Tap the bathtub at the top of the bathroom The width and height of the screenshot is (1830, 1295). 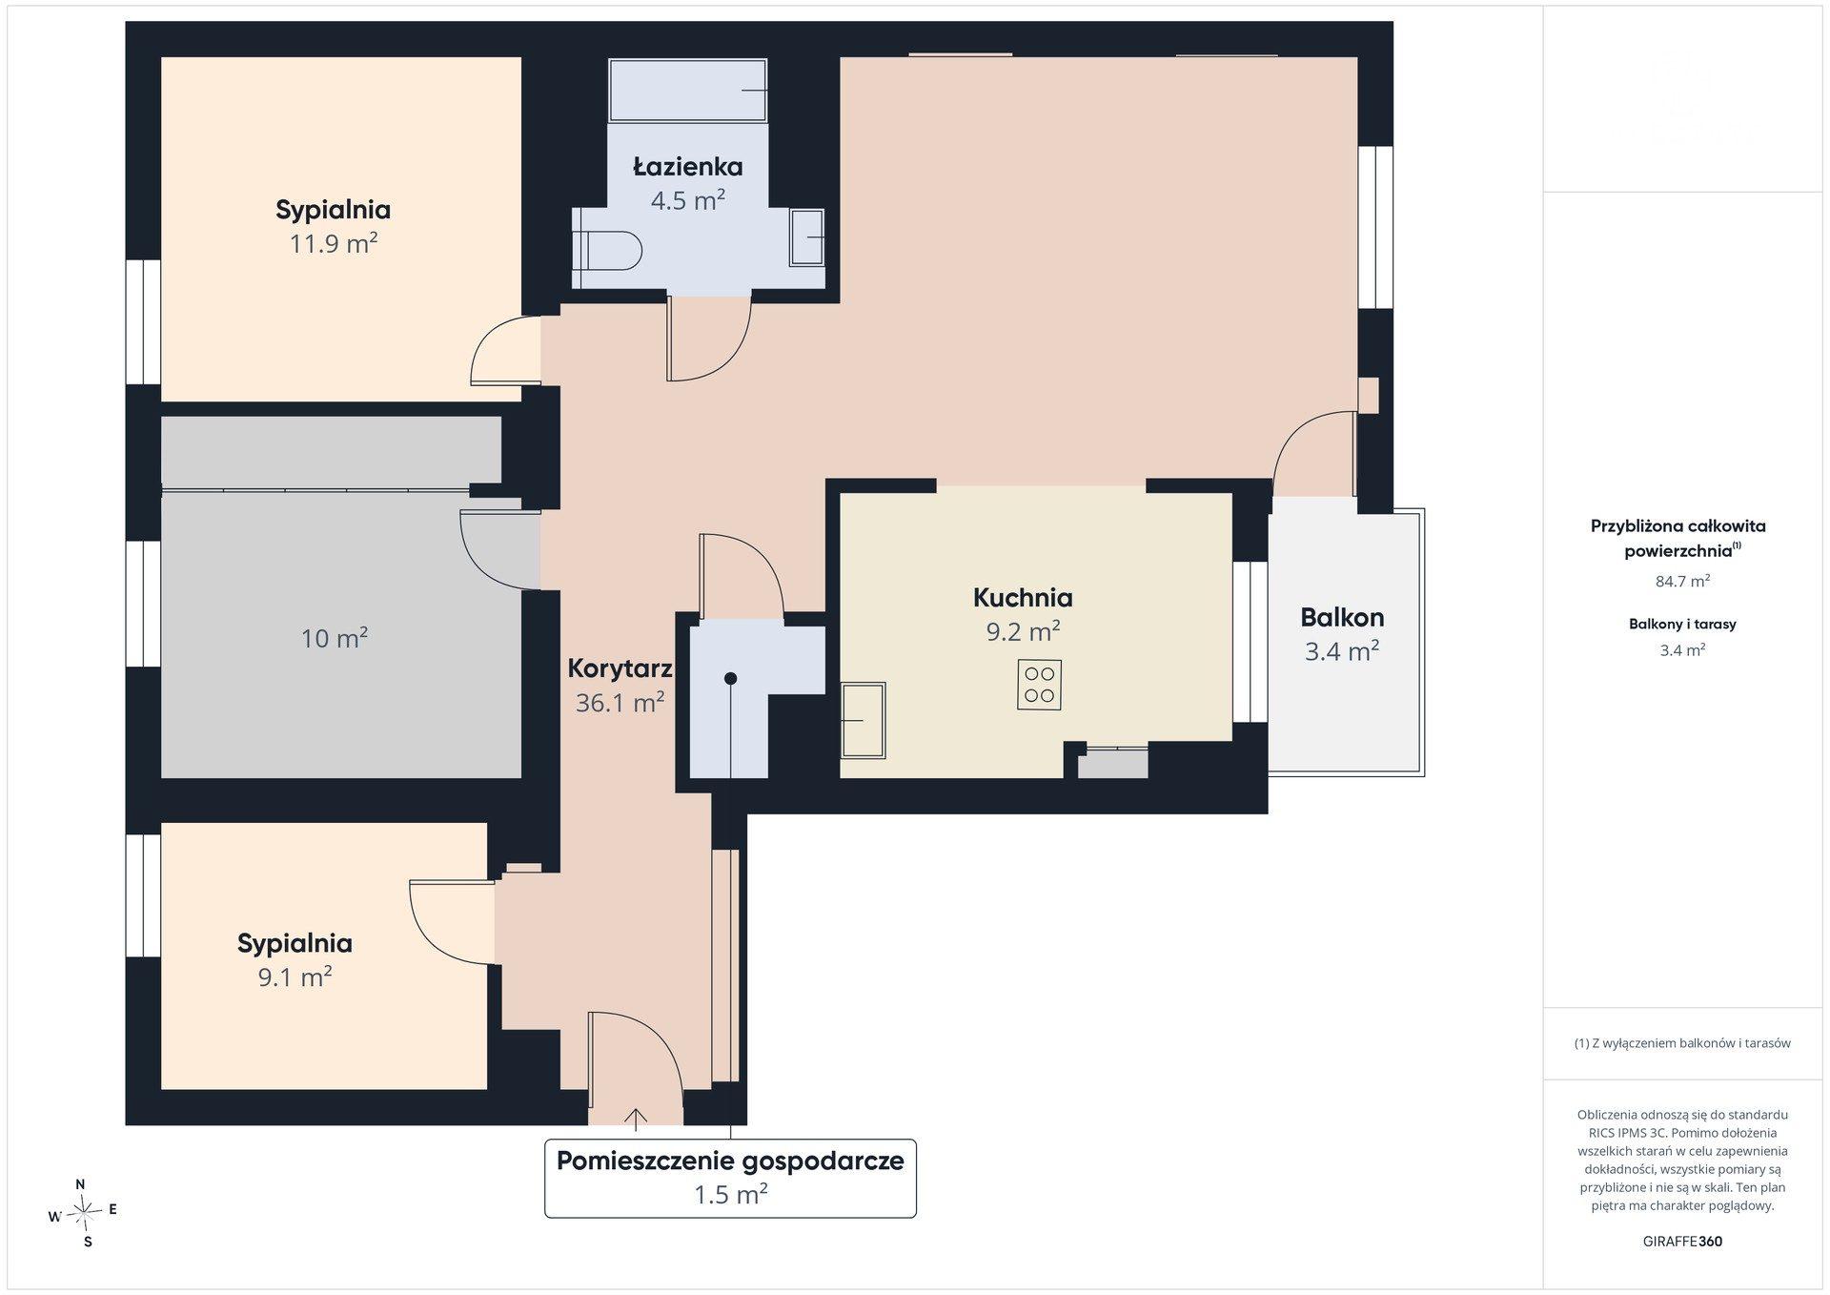(x=688, y=91)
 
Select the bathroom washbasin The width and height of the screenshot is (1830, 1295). (x=807, y=237)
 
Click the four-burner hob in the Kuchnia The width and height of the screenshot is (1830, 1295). (x=1039, y=685)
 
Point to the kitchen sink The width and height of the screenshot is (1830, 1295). (x=863, y=720)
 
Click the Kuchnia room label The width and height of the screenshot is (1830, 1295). (x=1023, y=598)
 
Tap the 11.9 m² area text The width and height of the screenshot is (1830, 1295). (x=334, y=243)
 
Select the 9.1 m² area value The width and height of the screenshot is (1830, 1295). (x=295, y=976)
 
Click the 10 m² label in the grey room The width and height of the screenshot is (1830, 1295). (x=335, y=638)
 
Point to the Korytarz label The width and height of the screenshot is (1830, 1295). (x=620, y=668)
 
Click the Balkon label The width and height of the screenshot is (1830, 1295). (x=1342, y=618)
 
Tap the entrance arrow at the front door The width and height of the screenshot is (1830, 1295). (x=636, y=1118)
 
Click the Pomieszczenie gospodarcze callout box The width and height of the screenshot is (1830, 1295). (x=730, y=1178)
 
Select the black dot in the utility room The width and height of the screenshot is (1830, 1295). (x=730, y=679)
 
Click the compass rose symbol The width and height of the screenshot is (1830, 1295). (x=84, y=1213)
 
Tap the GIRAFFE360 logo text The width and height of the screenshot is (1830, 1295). (x=1682, y=1242)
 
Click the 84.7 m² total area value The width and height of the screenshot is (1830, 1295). (x=1682, y=581)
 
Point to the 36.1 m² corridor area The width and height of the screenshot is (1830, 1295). (x=620, y=703)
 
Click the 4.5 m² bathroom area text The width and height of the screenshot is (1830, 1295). (x=688, y=200)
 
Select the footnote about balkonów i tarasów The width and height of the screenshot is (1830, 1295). (x=1682, y=1043)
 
